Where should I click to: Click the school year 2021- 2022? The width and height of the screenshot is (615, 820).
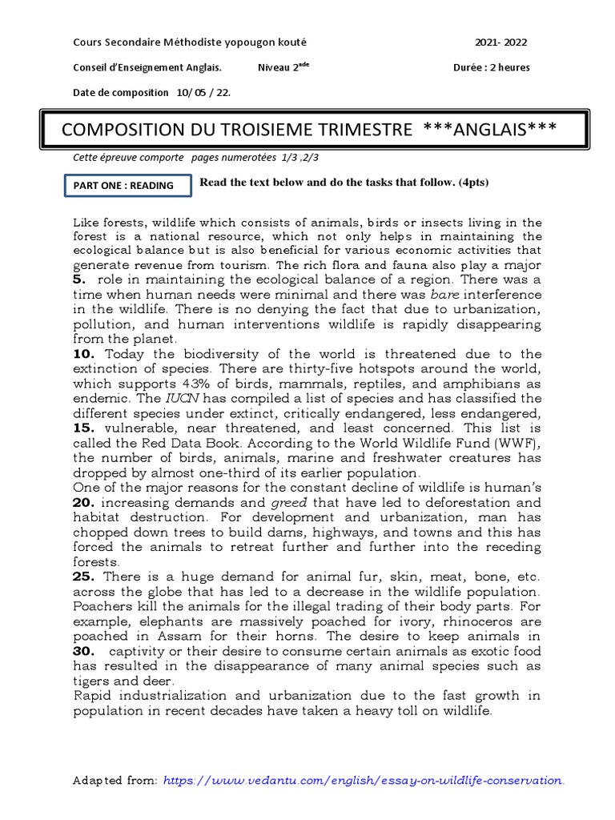tap(501, 42)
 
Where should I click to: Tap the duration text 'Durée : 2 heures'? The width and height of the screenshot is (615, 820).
tap(491, 67)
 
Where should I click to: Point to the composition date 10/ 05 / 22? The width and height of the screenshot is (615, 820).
tap(203, 92)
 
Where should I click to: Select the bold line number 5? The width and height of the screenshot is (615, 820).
tap(78, 279)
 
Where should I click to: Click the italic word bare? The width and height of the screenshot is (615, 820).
tap(444, 294)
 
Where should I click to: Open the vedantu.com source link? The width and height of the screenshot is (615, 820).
tap(364, 779)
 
